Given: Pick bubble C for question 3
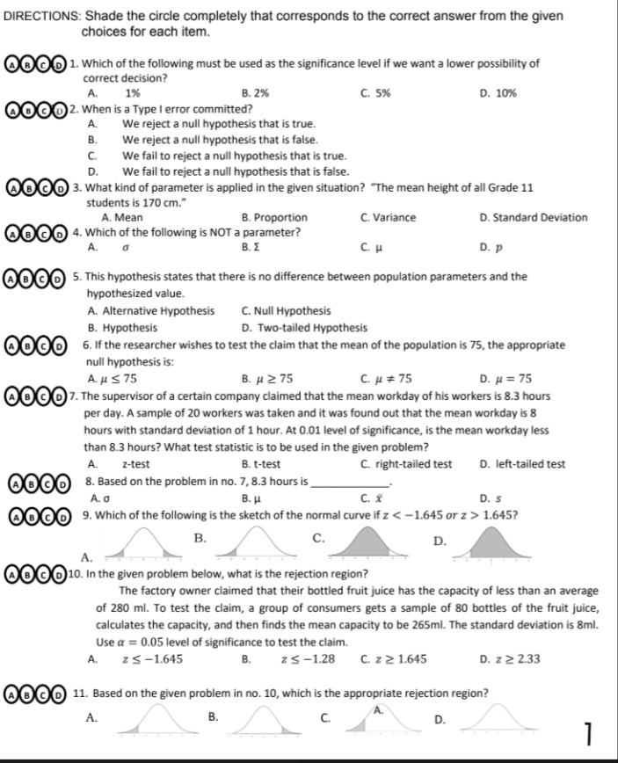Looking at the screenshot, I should click(42, 189).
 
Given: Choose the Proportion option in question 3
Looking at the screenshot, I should click(273, 217).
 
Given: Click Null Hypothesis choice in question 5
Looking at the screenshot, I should click(285, 310).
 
